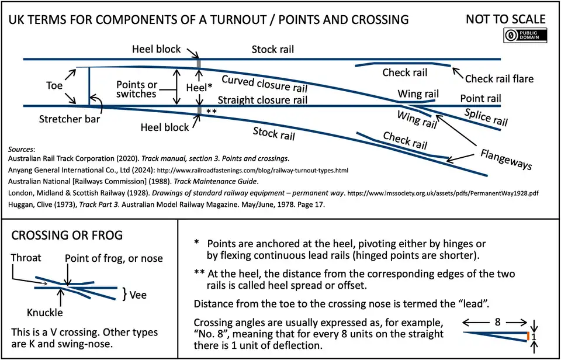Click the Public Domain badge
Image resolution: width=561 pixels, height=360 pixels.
click(524, 35)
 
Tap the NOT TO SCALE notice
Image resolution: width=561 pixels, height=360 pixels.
click(505, 19)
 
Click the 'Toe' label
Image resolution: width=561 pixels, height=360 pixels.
click(54, 85)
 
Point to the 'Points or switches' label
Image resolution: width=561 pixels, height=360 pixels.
click(137, 89)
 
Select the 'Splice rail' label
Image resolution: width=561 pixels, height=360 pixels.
click(486, 117)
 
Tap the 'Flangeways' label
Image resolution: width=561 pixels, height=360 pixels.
click(506, 159)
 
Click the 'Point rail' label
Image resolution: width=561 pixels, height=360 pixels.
click(481, 98)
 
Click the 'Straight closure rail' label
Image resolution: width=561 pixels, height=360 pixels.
click(262, 100)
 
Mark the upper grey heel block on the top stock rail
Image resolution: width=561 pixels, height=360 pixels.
click(200, 64)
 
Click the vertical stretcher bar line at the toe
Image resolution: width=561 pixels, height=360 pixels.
click(89, 86)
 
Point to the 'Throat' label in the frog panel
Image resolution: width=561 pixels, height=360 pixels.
click(27, 258)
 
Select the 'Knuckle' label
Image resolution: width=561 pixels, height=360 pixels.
click(45, 312)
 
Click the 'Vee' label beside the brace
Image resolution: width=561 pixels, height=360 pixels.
click(138, 295)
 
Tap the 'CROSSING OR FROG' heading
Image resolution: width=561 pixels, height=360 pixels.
click(67, 236)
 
